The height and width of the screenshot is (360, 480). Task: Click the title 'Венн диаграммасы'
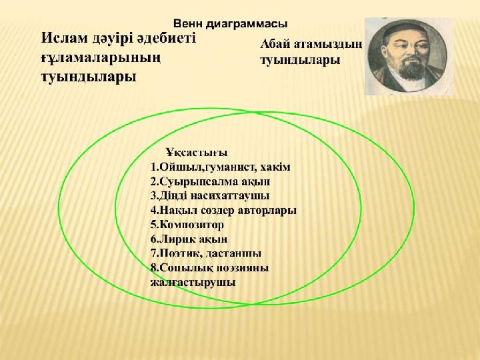pyautogui.click(x=230, y=24)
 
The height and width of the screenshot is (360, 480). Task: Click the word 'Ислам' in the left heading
pyautogui.click(x=64, y=39)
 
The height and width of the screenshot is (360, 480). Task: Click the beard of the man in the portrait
pyautogui.click(x=412, y=73)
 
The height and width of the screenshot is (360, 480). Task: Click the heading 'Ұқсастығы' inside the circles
pyautogui.click(x=197, y=153)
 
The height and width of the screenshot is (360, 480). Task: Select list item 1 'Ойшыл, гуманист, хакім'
pyautogui.click(x=221, y=167)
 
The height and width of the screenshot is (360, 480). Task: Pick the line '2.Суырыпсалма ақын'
pyautogui.click(x=210, y=181)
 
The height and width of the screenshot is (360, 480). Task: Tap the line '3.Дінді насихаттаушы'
pyautogui.click(x=210, y=195)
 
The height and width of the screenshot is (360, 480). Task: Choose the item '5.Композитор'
pyautogui.click(x=187, y=225)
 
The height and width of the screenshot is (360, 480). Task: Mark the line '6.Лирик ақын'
pyautogui.click(x=189, y=239)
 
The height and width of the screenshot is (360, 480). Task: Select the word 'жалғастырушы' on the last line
pyautogui.click(x=193, y=282)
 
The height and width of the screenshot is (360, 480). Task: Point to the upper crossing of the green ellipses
pyautogui.click(x=255, y=113)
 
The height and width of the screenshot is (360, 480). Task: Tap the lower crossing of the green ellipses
pyautogui.click(x=251, y=304)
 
